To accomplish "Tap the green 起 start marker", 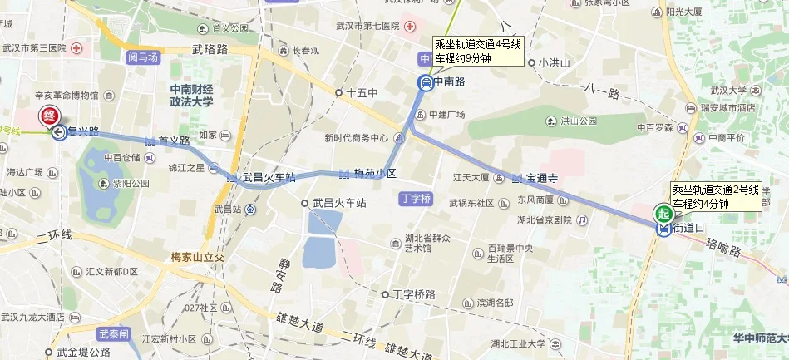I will pyautogui.click(x=663, y=214).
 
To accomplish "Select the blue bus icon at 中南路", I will pyautogui.click(x=424, y=82).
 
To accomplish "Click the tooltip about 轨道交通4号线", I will pyautogui.click(x=478, y=52).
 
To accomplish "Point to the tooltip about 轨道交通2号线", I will pyautogui.click(x=715, y=197).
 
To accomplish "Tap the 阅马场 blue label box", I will pyautogui.click(x=142, y=57).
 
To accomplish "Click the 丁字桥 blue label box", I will pyautogui.click(x=415, y=199).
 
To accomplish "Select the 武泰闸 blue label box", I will pyautogui.click(x=113, y=334).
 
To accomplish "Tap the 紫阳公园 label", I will pyautogui.click(x=131, y=183).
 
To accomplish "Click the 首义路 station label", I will pyautogui.click(x=175, y=141).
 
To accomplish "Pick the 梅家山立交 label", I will pyautogui.click(x=197, y=257).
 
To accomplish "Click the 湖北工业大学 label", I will pyautogui.click(x=518, y=343).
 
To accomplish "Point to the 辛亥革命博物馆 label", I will pyautogui.click(x=65, y=96).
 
